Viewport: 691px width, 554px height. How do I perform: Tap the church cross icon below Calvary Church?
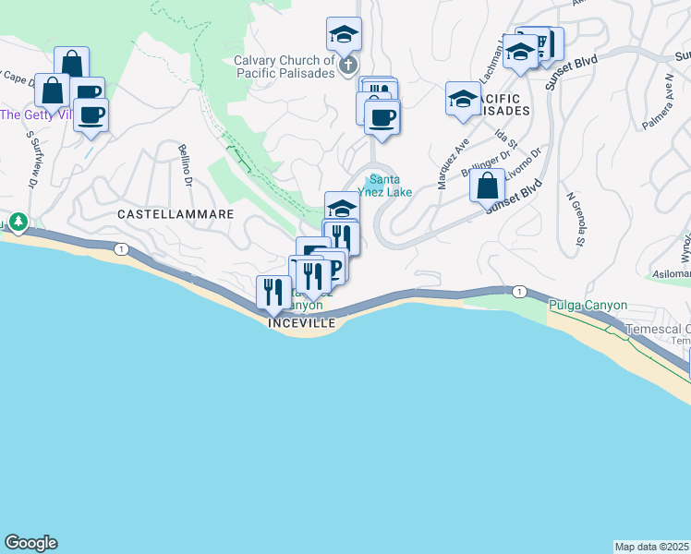click(348, 65)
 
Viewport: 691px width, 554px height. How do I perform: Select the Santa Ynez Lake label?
click(390, 186)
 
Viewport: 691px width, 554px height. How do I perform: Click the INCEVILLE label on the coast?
click(297, 323)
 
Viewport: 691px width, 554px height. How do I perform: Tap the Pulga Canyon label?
click(588, 305)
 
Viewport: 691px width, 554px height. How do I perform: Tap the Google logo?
click(30, 543)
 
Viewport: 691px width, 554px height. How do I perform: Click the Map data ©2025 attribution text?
click(652, 546)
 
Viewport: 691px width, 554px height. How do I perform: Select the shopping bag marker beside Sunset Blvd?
click(487, 186)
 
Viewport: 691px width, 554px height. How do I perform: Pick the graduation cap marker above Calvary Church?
click(345, 35)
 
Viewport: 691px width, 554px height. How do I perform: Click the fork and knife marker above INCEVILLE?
click(273, 292)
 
